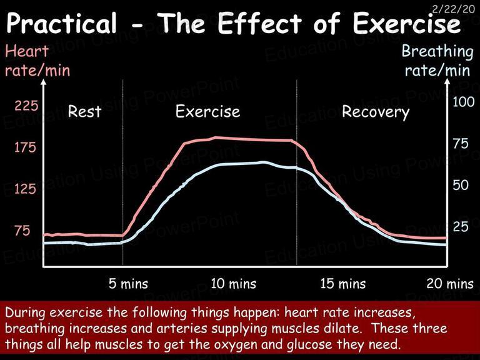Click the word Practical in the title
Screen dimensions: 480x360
(x=61, y=24)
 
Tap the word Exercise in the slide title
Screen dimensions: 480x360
(x=406, y=23)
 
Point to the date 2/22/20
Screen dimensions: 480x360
(x=453, y=9)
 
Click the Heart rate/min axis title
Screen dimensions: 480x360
(x=37, y=61)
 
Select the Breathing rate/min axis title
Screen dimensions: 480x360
(x=437, y=61)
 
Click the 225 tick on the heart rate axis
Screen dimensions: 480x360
(x=26, y=106)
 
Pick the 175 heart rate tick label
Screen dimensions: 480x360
(x=26, y=147)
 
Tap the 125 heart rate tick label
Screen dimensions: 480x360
(x=26, y=189)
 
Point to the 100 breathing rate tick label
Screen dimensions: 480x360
(x=464, y=102)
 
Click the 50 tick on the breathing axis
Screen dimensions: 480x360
(x=461, y=185)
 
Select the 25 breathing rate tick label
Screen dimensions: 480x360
(x=461, y=227)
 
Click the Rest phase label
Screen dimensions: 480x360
(x=84, y=111)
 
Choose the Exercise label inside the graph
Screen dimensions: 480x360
(x=208, y=111)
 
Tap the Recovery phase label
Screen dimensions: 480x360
(x=376, y=112)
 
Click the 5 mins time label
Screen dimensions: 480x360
(x=128, y=284)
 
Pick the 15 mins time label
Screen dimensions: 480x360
(x=343, y=284)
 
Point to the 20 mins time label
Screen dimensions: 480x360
(x=450, y=284)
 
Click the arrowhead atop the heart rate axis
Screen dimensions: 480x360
(x=44, y=82)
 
